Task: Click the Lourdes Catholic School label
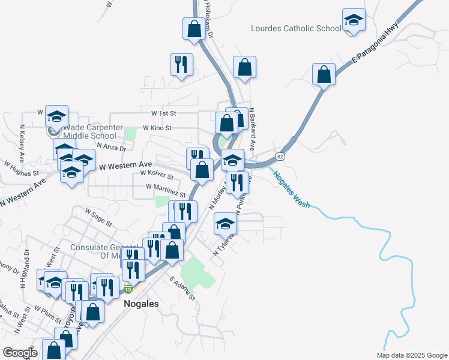(296, 28)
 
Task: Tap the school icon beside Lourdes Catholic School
(354, 20)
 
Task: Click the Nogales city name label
(141, 304)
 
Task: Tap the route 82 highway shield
(280, 156)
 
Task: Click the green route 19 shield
(128, 290)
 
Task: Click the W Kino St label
(157, 128)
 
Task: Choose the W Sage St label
(98, 217)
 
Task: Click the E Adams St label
(182, 289)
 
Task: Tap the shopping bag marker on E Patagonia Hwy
(324, 75)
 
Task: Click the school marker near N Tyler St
(226, 224)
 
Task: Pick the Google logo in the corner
(20, 353)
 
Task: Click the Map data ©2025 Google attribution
(411, 355)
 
